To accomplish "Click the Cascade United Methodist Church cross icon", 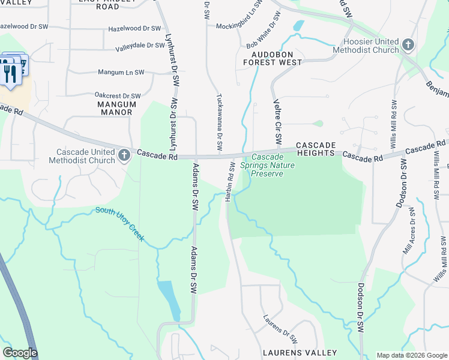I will [124, 156].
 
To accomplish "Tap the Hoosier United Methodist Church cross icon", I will [408, 45].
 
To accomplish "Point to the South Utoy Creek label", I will [119, 223].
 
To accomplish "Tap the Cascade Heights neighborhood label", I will [315, 149].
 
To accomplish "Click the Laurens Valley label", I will [299, 352].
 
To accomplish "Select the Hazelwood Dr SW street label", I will [134, 28].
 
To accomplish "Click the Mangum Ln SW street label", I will [121, 73].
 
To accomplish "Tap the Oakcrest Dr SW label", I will [118, 95].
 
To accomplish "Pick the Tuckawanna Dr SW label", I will [220, 122].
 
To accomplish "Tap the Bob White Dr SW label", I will [264, 36].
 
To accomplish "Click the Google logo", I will [20, 353].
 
